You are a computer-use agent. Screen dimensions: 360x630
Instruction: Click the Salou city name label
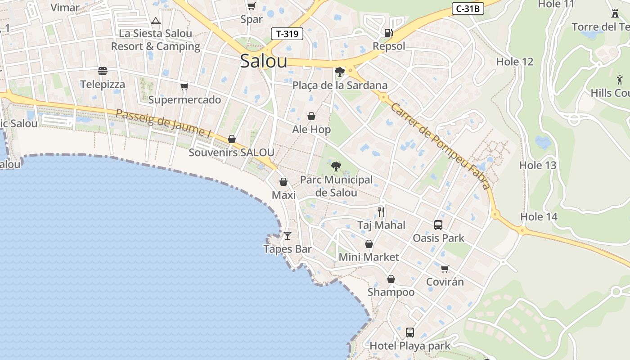(x=263, y=61)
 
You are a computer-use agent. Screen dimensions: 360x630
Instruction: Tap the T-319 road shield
(x=287, y=34)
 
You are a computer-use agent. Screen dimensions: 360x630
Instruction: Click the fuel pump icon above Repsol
(x=388, y=32)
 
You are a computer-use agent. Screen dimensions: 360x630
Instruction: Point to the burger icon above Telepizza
(x=103, y=71)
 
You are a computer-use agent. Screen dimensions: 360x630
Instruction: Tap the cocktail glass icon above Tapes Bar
(x=288, y=235)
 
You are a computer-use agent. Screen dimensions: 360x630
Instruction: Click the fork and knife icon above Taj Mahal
(x=381, y=211)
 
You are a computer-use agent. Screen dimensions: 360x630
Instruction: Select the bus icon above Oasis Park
(x=438, y=225)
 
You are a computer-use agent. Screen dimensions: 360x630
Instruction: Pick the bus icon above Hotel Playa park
(x=409, y=333)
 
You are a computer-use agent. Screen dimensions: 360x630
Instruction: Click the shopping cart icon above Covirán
(x=445, y=269)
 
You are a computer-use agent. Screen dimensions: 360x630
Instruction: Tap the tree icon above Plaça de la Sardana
(x=340, y=72)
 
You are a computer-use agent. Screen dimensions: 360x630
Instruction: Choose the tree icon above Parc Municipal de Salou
(x=336, y=166)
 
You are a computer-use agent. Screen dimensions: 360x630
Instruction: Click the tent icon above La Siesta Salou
(x=156, y=21)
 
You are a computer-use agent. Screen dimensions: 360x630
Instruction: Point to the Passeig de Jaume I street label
(x=164, y=123)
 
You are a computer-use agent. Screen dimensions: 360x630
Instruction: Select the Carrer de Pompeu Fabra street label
(x=440, y=145)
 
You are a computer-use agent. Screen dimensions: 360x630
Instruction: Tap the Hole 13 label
(x=538, y=165)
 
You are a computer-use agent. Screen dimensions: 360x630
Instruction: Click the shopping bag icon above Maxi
(x=283, y=182)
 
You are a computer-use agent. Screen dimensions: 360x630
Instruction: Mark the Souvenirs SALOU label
(x=231, y=152)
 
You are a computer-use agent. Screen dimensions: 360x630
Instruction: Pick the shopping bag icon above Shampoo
(x=391, y=279)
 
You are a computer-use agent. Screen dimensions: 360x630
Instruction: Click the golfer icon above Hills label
(x=620, y=80)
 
